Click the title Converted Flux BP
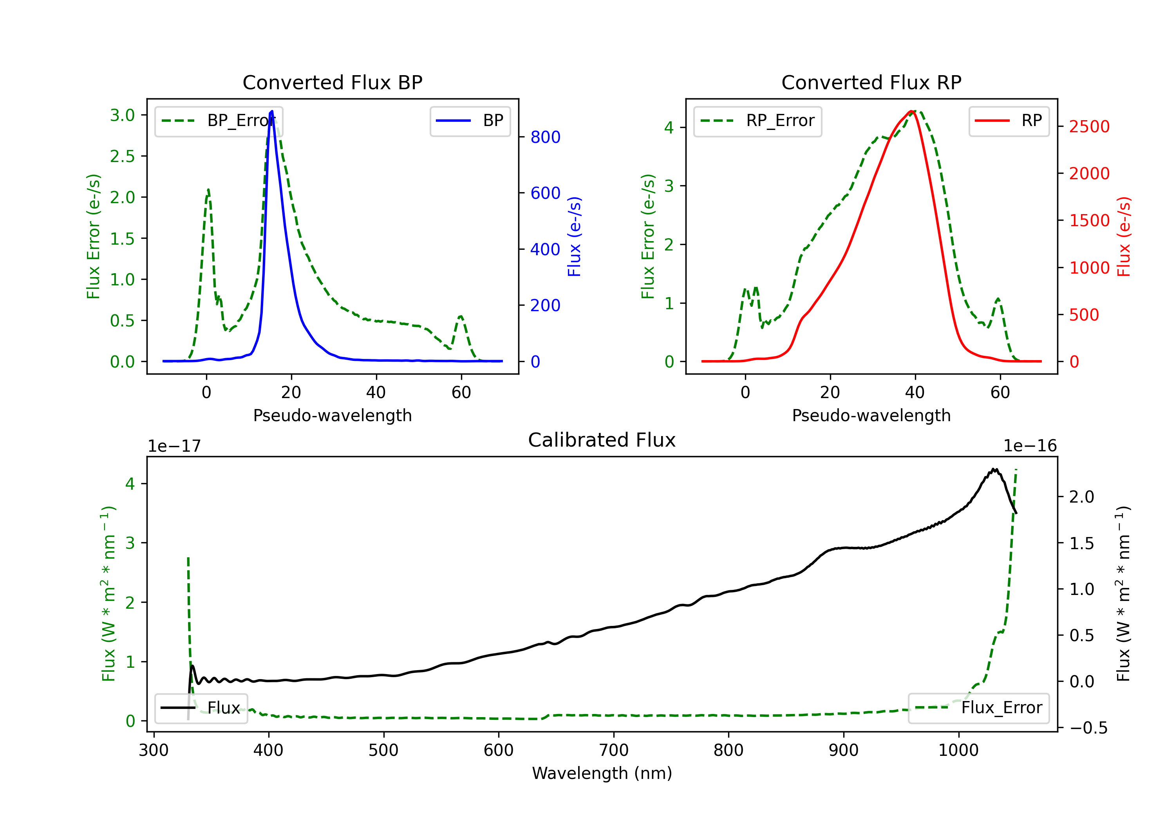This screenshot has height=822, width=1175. (332, 82)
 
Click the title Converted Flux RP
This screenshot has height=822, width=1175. (871, 82)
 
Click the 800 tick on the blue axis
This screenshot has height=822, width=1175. (545, 137)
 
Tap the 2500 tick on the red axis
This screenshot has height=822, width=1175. (1089, 126)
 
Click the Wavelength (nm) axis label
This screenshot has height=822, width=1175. (602, 773)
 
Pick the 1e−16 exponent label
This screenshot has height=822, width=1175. (1030, 446)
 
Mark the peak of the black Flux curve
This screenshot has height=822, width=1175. (994, 469)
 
